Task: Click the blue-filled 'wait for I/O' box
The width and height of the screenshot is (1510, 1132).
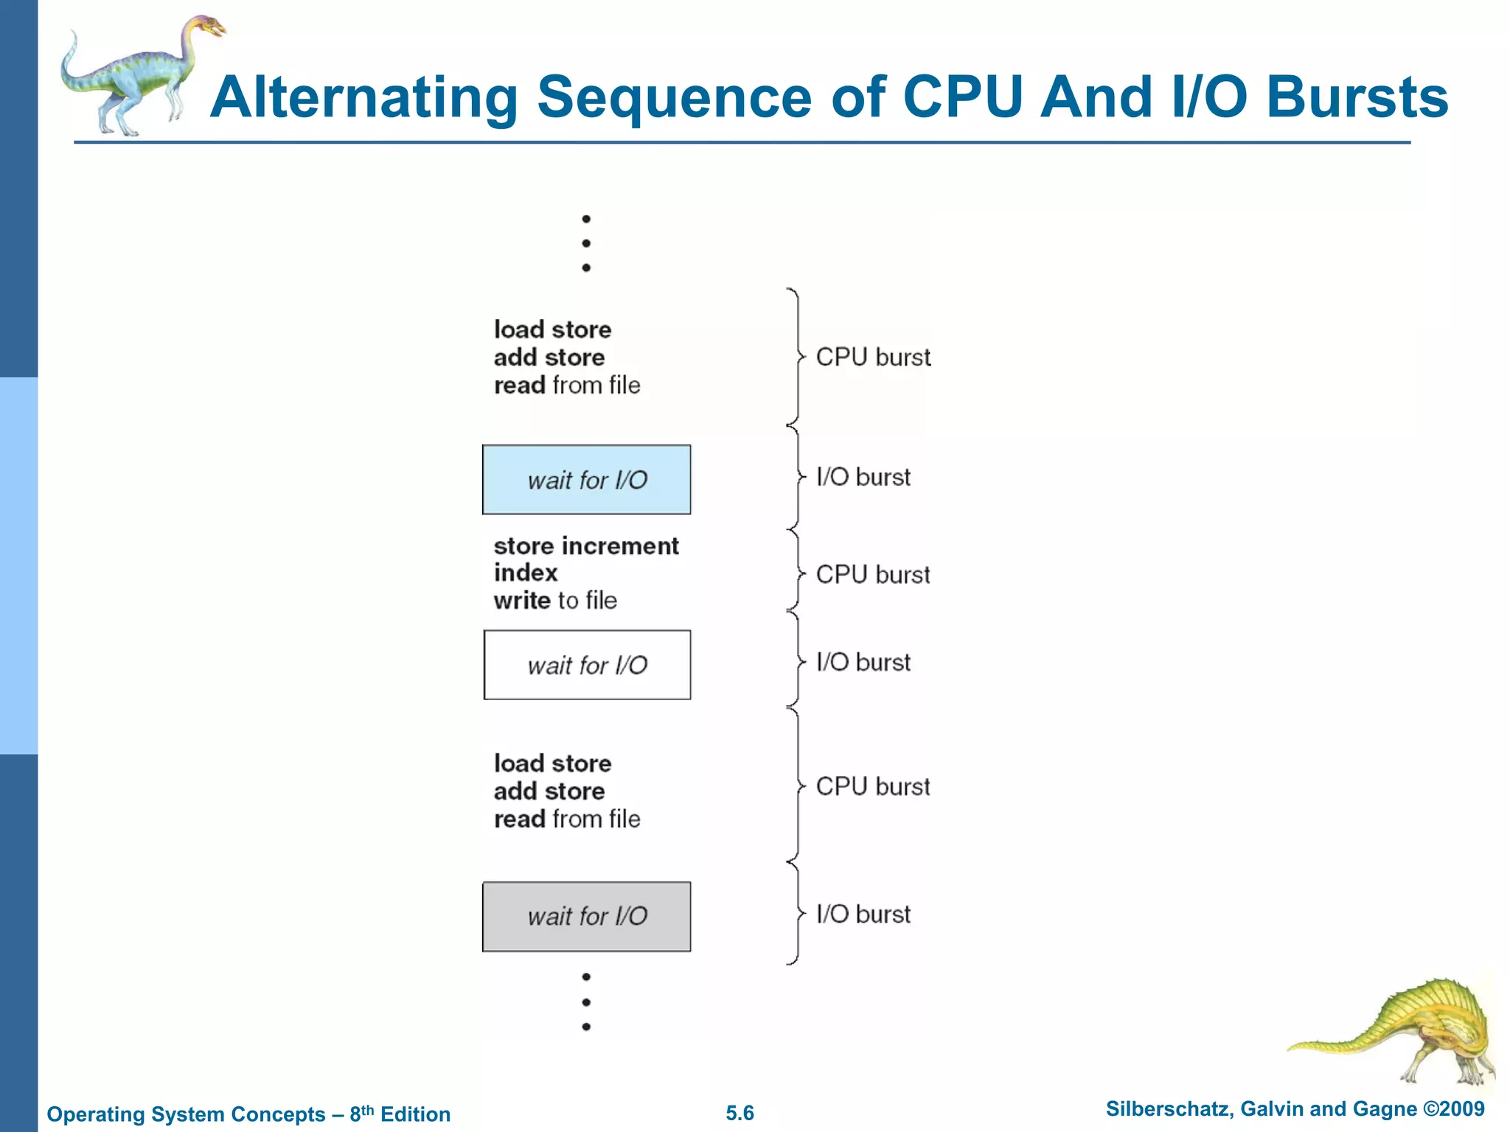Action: click(x=586, y=480)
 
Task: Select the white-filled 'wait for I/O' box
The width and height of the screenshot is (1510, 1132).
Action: click(x=586, y=665)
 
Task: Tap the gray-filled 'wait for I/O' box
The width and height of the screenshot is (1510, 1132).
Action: click(x=586, y=916)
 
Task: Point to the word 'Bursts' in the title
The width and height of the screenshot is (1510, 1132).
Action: click(x=1357, y=98)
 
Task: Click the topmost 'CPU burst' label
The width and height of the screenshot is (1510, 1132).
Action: click(x=873, y=357)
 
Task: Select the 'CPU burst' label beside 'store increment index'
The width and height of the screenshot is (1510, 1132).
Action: click(x=873, y=574)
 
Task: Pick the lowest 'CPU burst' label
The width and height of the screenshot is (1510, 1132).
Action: click(x=873, y=786)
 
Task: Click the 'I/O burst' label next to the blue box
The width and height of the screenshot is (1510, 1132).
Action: click(x=863, y=477)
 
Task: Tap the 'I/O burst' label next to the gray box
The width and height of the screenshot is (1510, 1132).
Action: click(x=863, y=914)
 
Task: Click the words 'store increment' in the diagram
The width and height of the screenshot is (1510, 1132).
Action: click(x=586, y=546)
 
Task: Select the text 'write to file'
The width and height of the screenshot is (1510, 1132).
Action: click(x=555, y=601)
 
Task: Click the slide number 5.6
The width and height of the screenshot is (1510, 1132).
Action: click(x=740, y=1113)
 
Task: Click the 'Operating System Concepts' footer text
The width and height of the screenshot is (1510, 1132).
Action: click(x=186, y=1114)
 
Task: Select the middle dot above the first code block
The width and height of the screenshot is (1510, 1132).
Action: click(x=586, y=243)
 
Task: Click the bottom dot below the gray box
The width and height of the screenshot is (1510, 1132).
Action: click(x=586, y=1027)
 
